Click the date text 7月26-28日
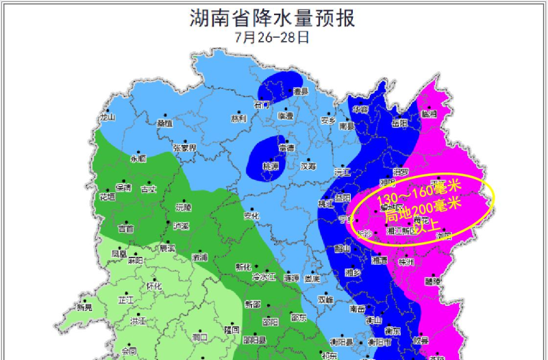click(272, 37)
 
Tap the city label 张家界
click(184, 148)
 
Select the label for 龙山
click(108, 117)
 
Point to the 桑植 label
click(164, 124)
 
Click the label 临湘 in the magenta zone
click(429, 114)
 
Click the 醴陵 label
click(434, 281)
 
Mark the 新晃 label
click(84, 308)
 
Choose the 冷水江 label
click(262, 277)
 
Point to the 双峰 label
click(325, 299)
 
